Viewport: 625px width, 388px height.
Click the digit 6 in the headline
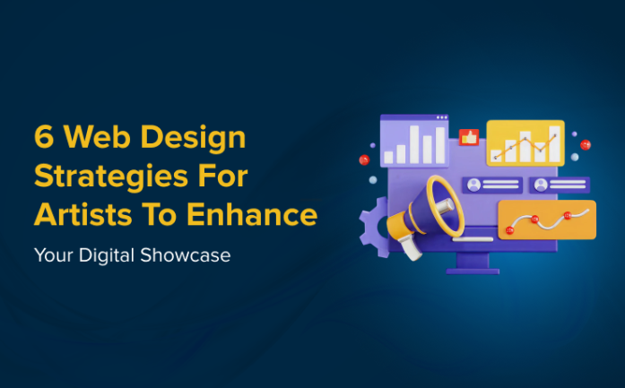[x=42, y=138]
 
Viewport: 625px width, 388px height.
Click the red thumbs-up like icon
[x=466, y=137]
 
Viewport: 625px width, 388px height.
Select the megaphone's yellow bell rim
[x=445, y=203]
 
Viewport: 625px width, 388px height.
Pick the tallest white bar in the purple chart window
[x=439, y=144]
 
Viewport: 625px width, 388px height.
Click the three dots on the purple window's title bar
[x=441, y=117]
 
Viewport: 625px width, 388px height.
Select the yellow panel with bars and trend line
[x=525, y=142]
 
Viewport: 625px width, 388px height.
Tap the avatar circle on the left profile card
[x=473, y=185]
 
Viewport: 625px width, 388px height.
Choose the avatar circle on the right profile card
[x=541, y=185]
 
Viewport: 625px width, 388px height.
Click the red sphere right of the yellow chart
[x=585, y=144]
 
